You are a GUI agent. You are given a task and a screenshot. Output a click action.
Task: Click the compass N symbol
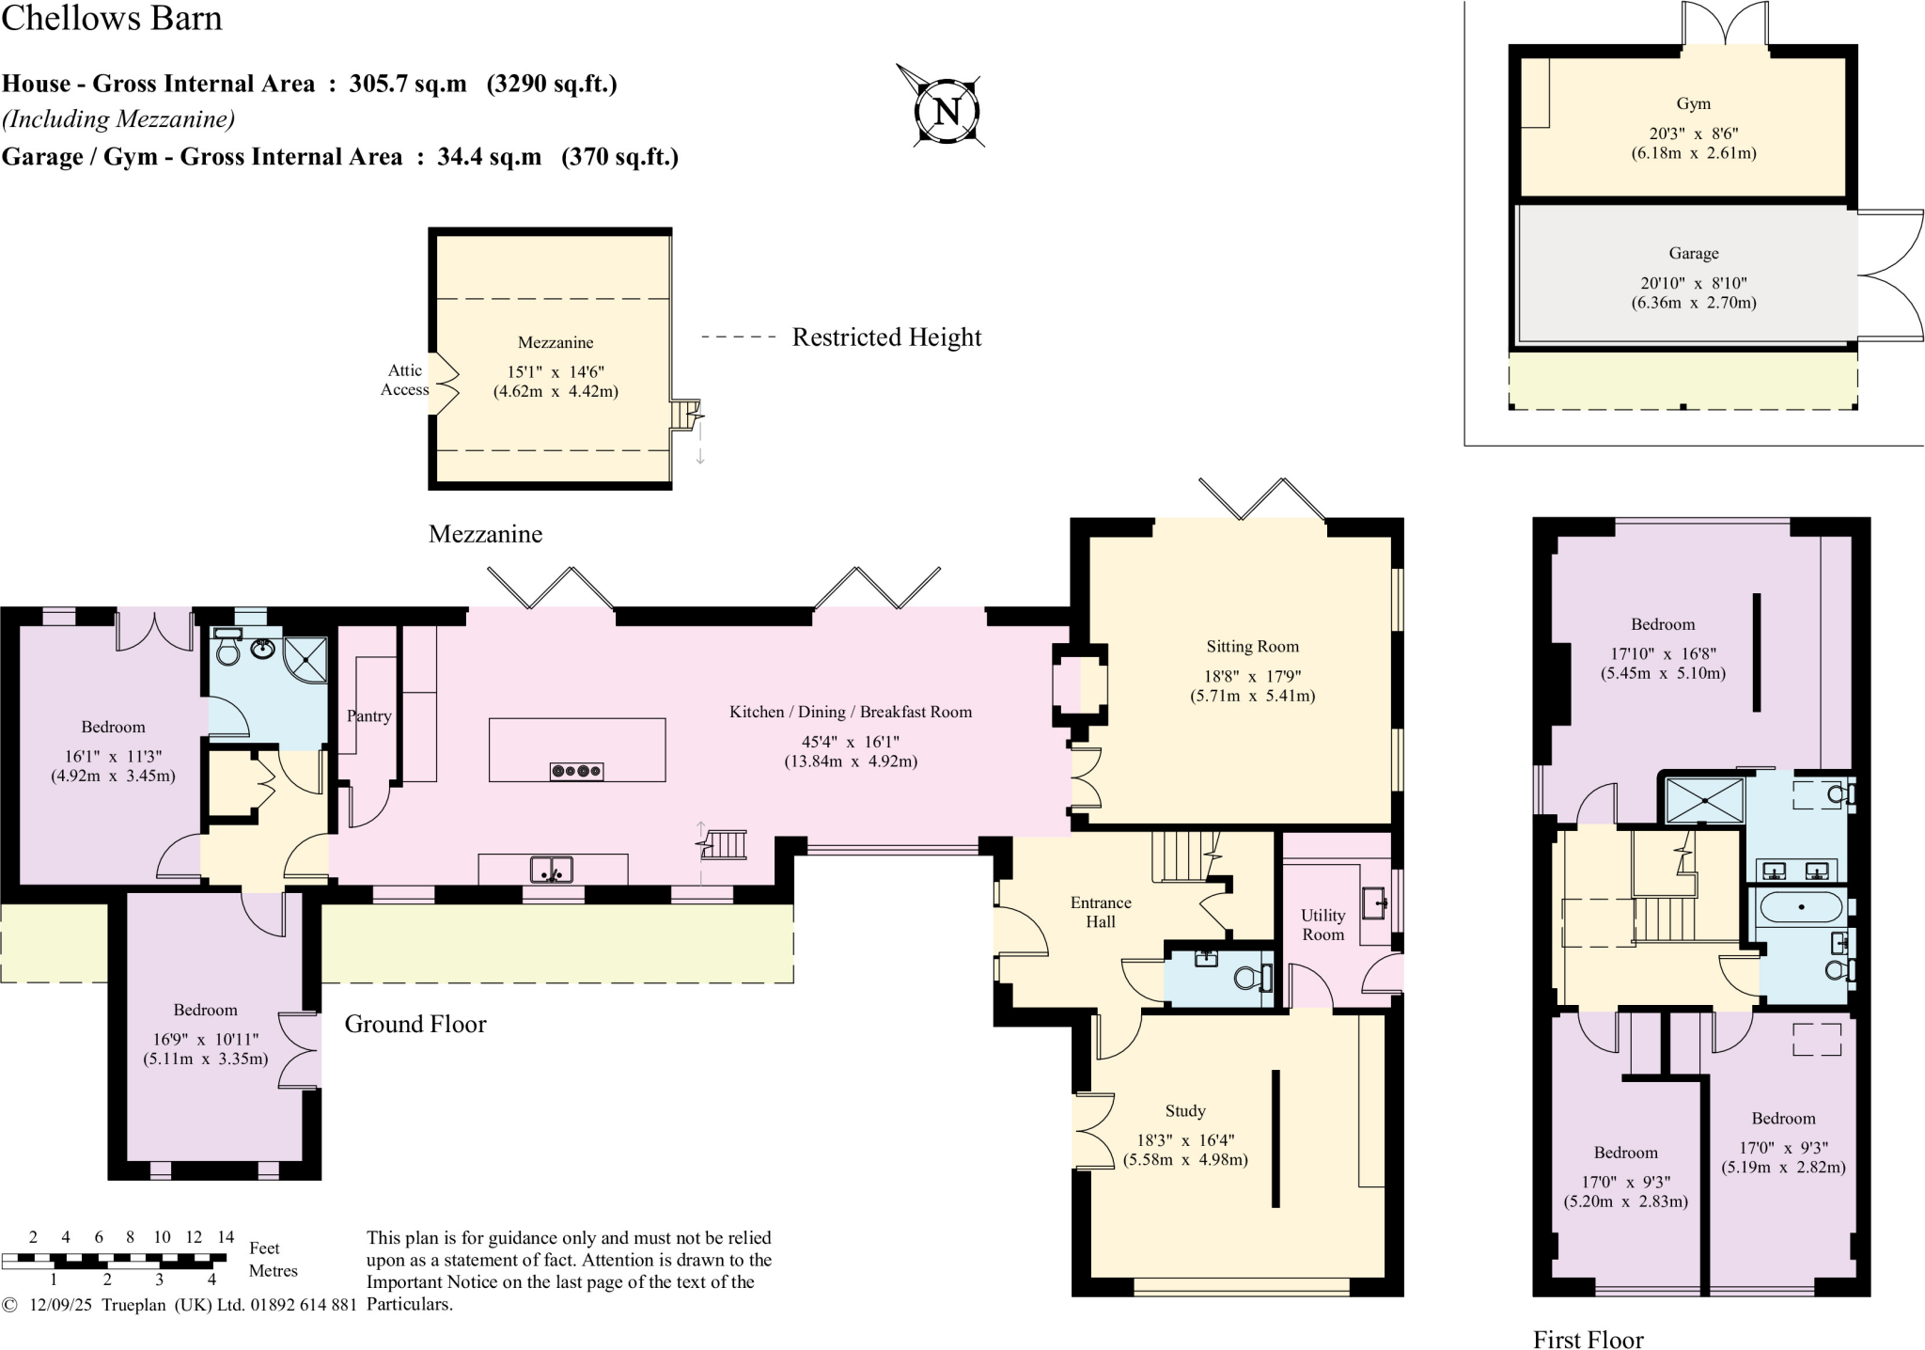click(x=948, y=110)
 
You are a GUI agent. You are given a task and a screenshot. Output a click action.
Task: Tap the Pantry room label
click(x=368, y=716)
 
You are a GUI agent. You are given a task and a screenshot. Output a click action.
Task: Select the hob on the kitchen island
click(x=576, y=772)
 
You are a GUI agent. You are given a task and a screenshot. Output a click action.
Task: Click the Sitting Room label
click(x=1252, y=647)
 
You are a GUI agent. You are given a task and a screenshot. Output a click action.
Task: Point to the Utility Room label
click(x=1322, y=925)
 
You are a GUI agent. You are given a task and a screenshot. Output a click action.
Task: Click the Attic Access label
click(x=404, y=380)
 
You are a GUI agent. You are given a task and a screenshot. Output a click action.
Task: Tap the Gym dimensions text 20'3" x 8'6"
click(x=1694, y=133)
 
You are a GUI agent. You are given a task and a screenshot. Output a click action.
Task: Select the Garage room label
click(x=1694, y=253)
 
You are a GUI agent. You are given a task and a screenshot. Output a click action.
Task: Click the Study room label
click(x=1184, y=1111)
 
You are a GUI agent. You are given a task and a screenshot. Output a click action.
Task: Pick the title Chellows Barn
click(x=112, y=18)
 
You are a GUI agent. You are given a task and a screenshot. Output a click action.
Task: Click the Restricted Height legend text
click(x=886, y=337)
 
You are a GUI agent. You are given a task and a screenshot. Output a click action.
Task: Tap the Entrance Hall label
click(x=1101, y=912)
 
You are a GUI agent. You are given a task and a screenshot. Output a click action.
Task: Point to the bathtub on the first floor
click(x=1800, y=908)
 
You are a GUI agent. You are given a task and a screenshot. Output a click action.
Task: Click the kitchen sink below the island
click(x=552, y=870)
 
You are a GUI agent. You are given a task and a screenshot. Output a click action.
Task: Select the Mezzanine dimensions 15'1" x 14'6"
click(x=556, y=372)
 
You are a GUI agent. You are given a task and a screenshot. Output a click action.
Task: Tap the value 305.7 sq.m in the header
click(x=408, y=84)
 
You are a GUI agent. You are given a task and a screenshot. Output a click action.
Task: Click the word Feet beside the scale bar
click(x=264, y=1248)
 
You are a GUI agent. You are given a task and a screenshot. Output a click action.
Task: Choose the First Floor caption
click(x=1589, y=1339)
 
